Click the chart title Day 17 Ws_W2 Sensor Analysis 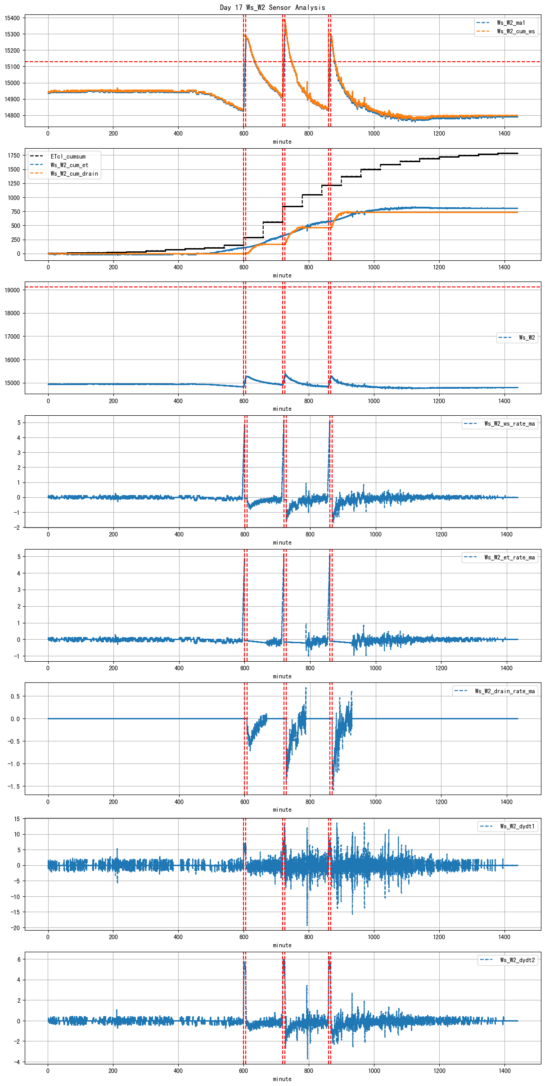(x=272, y=7)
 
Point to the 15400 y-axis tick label (x=12, y=18)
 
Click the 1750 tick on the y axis (x=14, y=155)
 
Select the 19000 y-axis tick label (x=12, y=290)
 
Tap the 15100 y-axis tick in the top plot (x=12, y=67)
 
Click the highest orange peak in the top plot (x=284, y=20)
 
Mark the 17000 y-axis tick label (x=12, y=336)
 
